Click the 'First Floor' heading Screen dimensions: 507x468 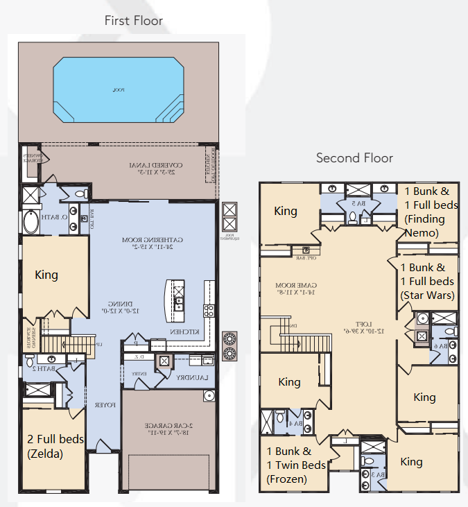pos(134,20)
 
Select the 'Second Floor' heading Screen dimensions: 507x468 pos(354,158)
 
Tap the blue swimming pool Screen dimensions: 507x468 pos(117,89)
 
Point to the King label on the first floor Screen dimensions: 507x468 pos(46,275)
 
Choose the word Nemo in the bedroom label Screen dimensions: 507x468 pos(422,233)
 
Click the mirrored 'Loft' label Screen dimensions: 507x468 pos(357,322)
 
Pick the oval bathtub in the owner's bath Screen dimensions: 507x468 pos(32,223)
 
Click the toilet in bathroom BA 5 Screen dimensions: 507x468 pos(353,218)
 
